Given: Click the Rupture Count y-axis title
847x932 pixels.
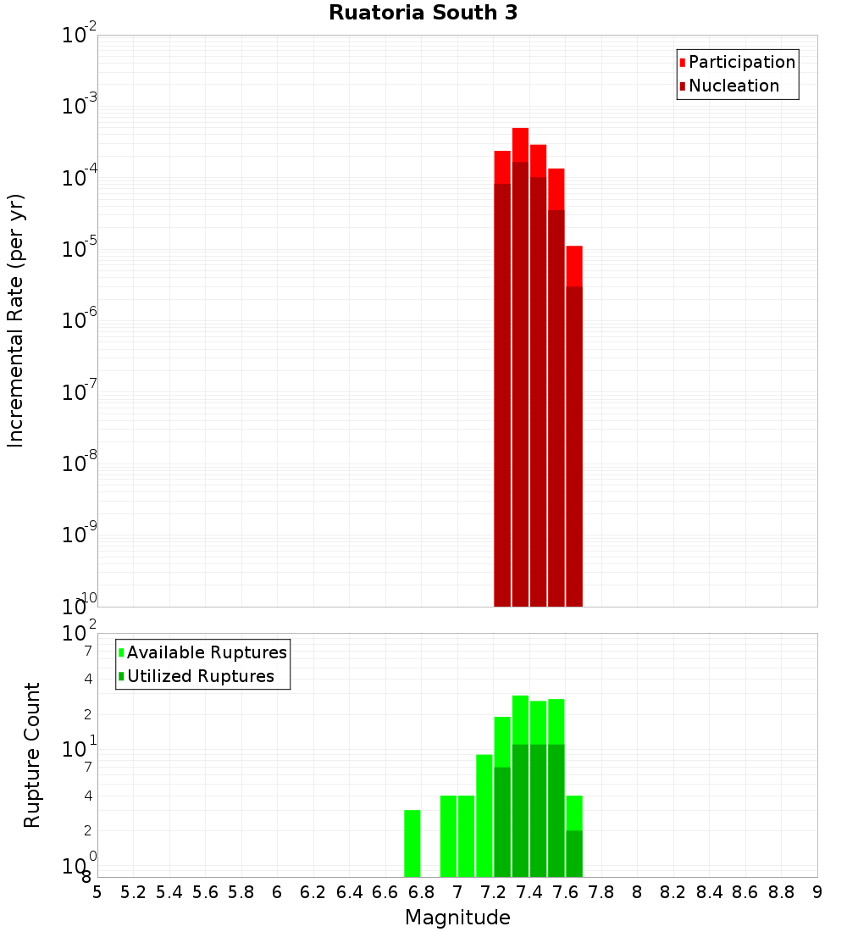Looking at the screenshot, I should click(x=32, y=754).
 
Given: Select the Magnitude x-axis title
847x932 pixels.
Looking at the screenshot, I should click(x=457, y=918).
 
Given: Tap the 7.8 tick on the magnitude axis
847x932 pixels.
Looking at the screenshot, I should click(x=601, y=892).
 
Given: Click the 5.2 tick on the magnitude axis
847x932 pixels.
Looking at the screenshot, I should click(x=133, y=892).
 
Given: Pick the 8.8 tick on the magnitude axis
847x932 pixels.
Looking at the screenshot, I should click(x=781, y=892).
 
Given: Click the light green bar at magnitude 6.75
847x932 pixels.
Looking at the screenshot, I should click(x=412, y=844).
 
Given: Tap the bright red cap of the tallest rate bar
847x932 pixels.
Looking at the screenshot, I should click(x=520, y=144).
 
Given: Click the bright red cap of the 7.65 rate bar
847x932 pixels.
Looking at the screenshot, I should click(x=574, y=266).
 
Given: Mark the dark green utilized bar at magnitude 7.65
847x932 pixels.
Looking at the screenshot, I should click(x=574, y=854).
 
